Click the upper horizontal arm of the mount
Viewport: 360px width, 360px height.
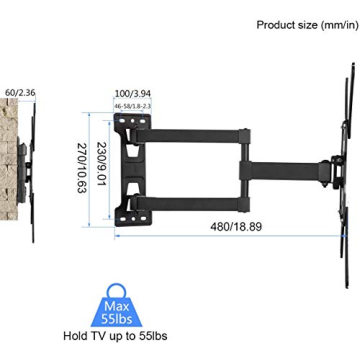[x=200, y=129]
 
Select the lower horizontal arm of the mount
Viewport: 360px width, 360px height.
[x=200, y=190]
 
